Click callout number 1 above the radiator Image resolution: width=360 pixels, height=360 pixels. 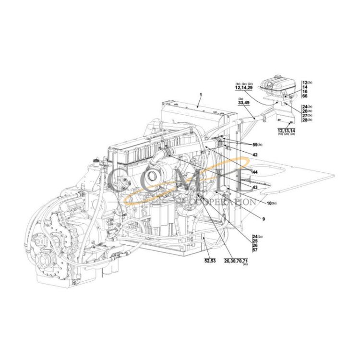click(200, 94)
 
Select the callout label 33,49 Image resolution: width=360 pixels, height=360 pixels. click(244, 103)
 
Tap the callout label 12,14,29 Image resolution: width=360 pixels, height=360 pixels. click(244, 88)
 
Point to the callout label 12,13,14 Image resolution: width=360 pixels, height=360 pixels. click(286, 130)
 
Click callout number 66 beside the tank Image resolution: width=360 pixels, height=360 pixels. click(305, 96)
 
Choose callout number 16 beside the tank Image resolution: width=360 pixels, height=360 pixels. click(305, 92)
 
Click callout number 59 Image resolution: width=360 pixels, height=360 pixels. click(255, 144)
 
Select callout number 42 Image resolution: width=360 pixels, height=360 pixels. click(255, 155)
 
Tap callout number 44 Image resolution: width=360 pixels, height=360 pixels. click(255, 172)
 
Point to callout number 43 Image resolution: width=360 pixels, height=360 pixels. click(255, 187)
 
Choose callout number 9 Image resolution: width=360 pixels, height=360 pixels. click(263, 219)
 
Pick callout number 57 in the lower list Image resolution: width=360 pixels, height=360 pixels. click(255, 250)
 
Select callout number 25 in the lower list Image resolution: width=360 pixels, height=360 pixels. click(255, 241)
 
